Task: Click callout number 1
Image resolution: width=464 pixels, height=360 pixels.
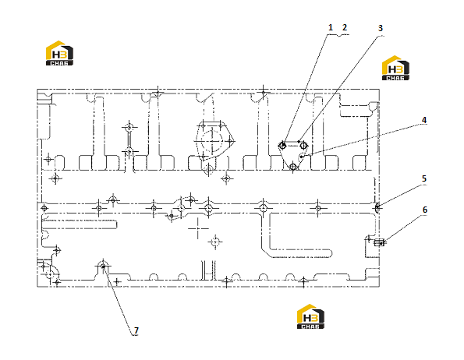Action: pyautogui.click(x=331, y=27)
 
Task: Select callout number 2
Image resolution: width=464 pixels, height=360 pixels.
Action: pyautogui.click(x=345, y=27)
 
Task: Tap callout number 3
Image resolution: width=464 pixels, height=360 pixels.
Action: pyautogui.click(x=381, y=28)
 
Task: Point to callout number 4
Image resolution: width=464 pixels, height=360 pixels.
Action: pyautogui.click(x=424, y=120)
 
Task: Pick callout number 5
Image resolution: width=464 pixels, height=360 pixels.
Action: pyautogui.click(x=424, y=178)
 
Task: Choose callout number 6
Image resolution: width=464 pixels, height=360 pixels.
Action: pyautogui.click(x=425, y=210)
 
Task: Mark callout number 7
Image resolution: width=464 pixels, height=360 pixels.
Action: pyautogui.click(x=136, y=330)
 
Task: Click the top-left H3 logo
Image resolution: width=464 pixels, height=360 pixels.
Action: pyautogui.click(x=59, y=53)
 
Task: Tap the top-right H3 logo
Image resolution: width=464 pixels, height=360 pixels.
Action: pyautogui.click(x=395, y=68)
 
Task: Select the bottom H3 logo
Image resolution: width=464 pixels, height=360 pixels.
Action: pyautogui.click(x=310, y=316)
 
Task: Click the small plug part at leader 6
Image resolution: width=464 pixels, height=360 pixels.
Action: pyautogui.click(x=379, y=242)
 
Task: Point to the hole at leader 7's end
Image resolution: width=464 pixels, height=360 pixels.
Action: pyautogui.click(x=103, y=266)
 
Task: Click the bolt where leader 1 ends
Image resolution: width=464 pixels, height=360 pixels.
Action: pyautogui.click(x=282, y=145)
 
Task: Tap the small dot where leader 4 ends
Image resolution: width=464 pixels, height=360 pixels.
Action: pyautogui.click(x=302, y=157)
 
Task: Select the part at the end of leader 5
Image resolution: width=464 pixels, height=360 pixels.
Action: pyautogui.click(x=377, y=207)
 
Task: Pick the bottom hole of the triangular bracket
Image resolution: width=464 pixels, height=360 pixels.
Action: pyautogui.click(x=293, y=167)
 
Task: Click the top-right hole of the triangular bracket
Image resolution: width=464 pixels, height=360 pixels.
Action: pyautogui.click(x=303, y=145)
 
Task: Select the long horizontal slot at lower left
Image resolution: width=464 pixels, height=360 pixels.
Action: pyautogui.click(x=80, y=224)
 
